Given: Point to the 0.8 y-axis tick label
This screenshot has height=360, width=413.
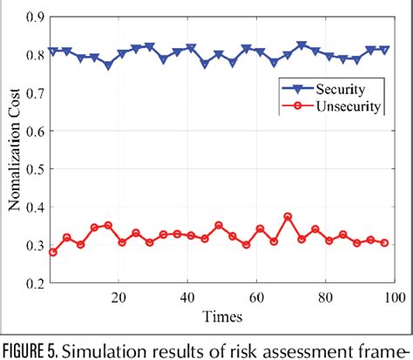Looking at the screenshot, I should (x=32, y=54).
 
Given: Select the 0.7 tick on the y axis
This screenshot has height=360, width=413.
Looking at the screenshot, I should (x=32, y=92).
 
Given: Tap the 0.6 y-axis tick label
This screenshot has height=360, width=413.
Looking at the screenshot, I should (x=32, y=131).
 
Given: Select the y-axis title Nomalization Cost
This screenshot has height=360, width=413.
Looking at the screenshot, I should (x=14, y=148).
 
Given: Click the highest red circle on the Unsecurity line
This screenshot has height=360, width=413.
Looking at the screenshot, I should (x=288, y=217).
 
